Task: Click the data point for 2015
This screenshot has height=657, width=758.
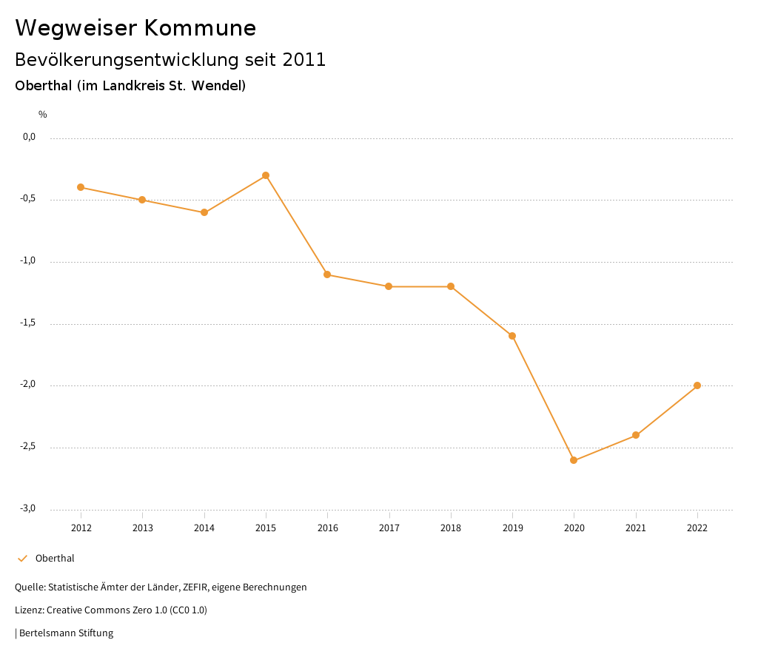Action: (x=266, y=175)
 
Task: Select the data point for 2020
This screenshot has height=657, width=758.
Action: (x=574, y=460)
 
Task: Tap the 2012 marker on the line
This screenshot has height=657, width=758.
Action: (x=81, y=187)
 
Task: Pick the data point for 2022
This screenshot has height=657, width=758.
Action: (x=697, y=385)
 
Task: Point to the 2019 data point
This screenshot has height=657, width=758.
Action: (x=512, y=336)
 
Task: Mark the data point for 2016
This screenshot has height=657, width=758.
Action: (x=327, y=274)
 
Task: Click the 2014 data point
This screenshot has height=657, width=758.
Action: (x=204, y=212)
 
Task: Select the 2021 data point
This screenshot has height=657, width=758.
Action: (x=636, y=435)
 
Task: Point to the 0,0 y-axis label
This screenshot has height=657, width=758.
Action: (x=29, y=137)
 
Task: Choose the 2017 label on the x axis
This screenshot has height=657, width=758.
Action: (x=389, y=528)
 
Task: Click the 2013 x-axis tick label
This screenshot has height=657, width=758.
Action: (x=142, y=528)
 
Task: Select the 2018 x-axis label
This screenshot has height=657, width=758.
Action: (x=451, y=528)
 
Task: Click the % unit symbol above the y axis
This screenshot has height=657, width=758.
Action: (x=43, y=114)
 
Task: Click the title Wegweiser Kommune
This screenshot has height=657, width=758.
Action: (x=135, y=28)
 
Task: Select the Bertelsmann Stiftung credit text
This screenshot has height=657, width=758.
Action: (x=66, y=633)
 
